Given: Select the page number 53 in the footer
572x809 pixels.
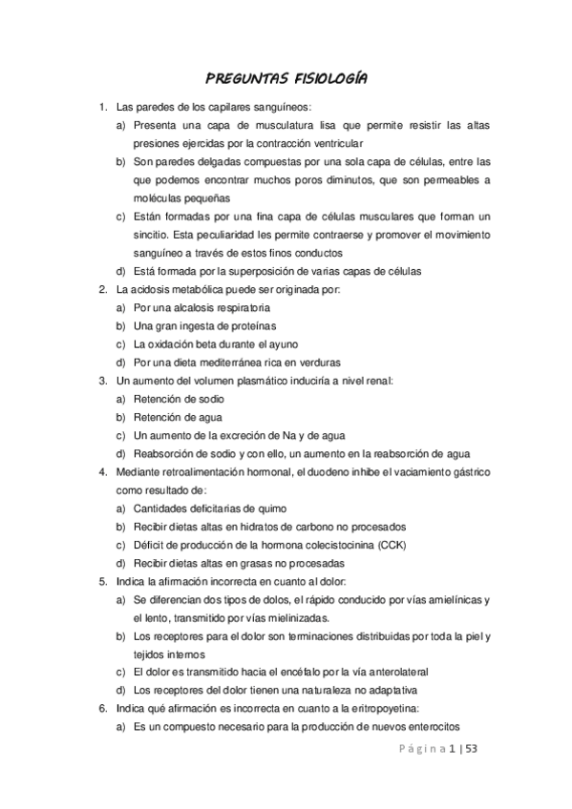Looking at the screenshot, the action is pos(472,750).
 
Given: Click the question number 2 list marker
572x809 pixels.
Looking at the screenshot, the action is pos(102,289).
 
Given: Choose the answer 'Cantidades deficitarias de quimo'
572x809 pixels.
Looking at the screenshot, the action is pos(210,508).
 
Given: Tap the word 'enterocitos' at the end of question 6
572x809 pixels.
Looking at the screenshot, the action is pos(433,725).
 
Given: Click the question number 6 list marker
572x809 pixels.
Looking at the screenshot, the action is pos(102,707).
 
